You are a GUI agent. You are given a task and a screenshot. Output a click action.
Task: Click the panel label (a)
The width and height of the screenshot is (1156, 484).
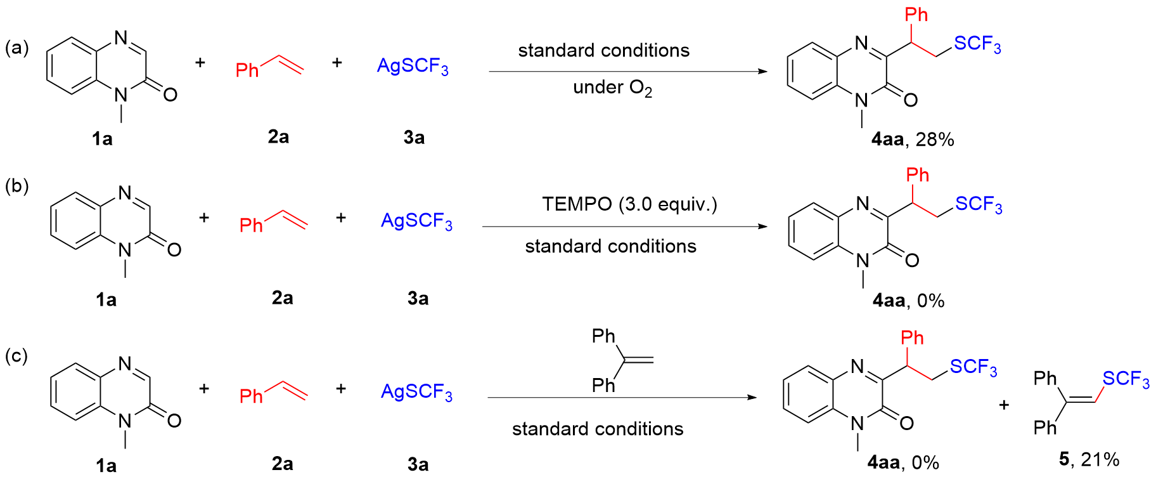tap(17, 48)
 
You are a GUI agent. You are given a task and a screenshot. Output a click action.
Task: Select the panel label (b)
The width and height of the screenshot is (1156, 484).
tap(17, 186)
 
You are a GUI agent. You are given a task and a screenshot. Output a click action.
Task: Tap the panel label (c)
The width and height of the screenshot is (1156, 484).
tap(17, 356)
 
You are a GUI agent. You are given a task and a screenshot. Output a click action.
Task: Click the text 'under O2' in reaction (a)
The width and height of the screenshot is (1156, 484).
tap(612, 88)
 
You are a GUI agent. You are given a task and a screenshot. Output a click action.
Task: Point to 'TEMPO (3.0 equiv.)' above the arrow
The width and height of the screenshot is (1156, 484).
tap(629, 204)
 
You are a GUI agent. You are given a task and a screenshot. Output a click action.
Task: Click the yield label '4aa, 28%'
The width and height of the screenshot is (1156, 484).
tap(913, 140)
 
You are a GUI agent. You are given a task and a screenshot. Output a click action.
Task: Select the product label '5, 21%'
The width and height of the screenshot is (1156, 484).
tap(1089, 459)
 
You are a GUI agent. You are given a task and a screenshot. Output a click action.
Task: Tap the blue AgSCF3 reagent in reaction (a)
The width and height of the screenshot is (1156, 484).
tap(413, 66)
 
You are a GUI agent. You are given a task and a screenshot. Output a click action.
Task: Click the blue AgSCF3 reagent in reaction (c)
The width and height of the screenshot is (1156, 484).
tap(416, 392)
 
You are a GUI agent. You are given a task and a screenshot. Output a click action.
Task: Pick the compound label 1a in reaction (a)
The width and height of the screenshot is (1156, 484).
tap(102, 138)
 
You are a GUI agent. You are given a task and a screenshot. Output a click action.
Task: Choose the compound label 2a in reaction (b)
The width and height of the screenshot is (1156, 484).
tap(282, 298)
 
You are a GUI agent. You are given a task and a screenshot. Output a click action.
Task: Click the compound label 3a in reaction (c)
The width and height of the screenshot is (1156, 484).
tap(418, 464)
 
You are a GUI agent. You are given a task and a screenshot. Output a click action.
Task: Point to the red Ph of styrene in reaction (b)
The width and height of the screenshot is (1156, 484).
tap(251, 225)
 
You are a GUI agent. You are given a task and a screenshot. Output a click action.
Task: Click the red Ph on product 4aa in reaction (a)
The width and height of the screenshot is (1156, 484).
tap(916, 15)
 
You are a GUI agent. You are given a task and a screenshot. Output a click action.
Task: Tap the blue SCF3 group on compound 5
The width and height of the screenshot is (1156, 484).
tap(1126, 379)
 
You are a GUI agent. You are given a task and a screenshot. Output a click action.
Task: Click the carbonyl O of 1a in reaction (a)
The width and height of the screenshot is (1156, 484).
tap(170, 95)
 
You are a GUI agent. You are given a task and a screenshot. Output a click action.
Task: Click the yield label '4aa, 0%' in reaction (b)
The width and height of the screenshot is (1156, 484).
tap(908, 300)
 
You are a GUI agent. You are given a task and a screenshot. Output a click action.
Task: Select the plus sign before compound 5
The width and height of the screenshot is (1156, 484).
tap(1004, 405)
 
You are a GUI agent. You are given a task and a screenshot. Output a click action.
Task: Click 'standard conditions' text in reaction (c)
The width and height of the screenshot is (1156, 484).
tap(598, 429)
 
